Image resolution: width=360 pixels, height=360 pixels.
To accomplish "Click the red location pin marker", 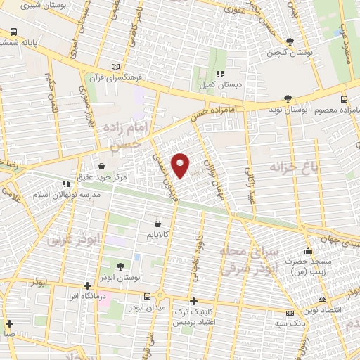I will (181, 165).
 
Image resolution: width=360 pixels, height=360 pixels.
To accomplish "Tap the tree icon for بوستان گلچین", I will (290, 41).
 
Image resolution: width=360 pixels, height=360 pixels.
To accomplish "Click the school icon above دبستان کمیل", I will (221, 73).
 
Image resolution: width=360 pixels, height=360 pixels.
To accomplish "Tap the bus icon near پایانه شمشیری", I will (14, 32).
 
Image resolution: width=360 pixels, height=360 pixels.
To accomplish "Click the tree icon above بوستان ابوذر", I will (120, 265).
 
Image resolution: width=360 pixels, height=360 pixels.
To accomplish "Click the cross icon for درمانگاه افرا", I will (86, 286).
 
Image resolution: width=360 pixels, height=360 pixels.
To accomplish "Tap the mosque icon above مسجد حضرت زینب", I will (307, 251).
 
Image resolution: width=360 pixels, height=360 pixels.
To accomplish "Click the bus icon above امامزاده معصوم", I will (344, 99).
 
